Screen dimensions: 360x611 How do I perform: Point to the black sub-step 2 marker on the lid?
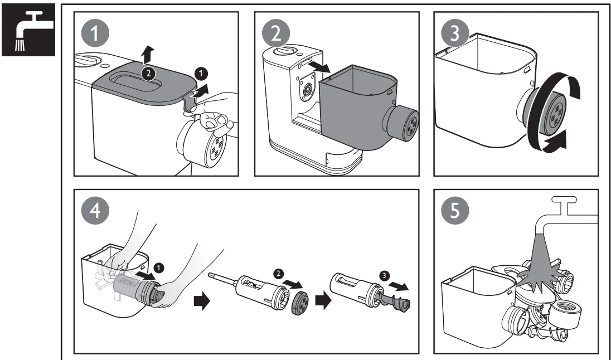(148, 72)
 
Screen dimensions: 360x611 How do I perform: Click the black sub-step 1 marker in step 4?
(161, 267)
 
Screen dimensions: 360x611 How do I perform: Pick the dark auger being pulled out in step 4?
(396, 303)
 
